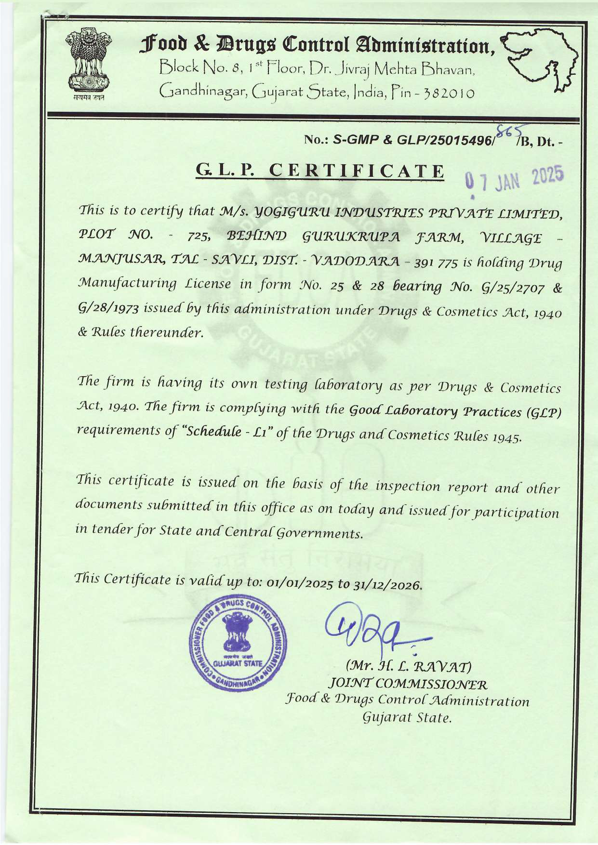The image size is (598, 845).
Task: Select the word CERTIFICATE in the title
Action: pos(356,171)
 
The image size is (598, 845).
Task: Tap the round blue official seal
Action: pos(238,645)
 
